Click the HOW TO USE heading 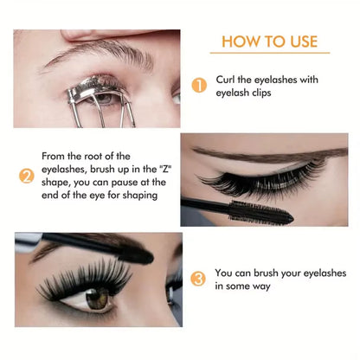coord(270,42)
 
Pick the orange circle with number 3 coord(198,279)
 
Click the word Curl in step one coord(227,80)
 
